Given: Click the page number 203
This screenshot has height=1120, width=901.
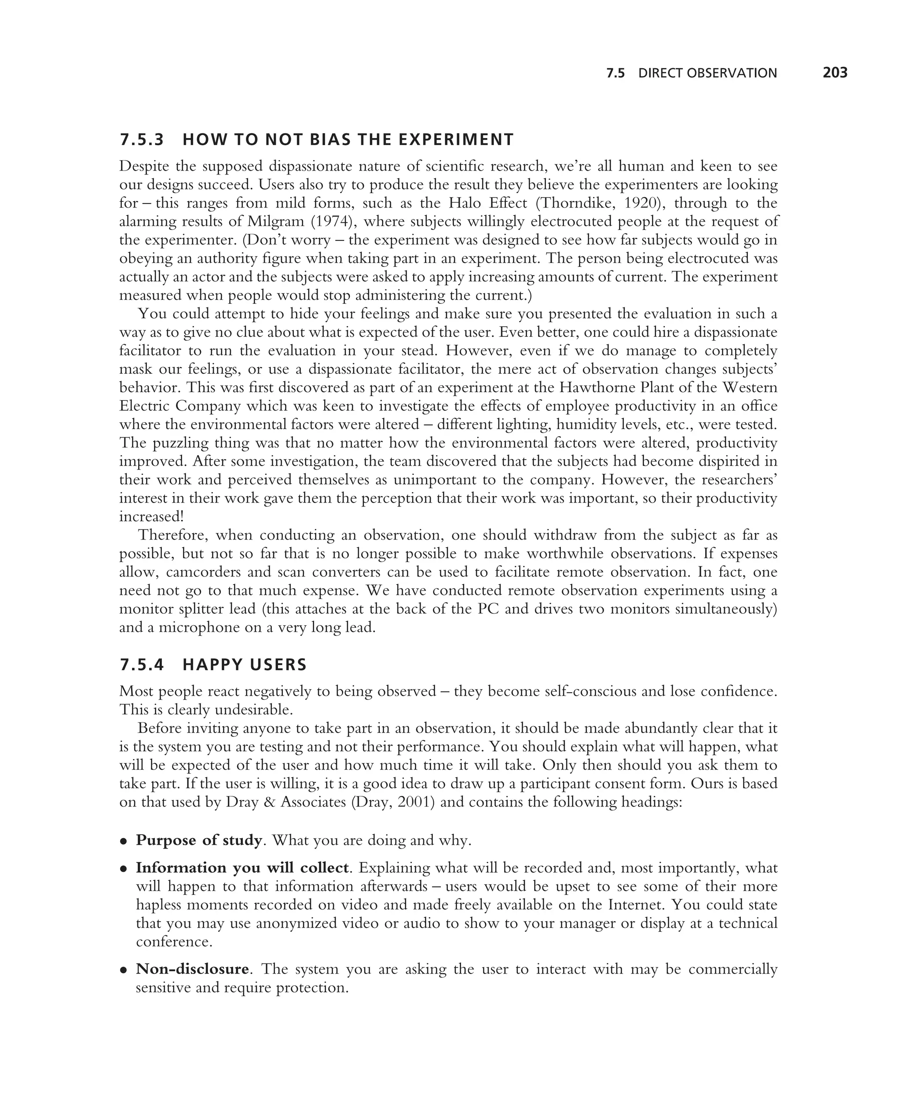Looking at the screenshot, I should [835, 73].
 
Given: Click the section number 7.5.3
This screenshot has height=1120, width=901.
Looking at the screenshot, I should [141, 140].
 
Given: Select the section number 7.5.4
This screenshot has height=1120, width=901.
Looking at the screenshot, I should [141, 664].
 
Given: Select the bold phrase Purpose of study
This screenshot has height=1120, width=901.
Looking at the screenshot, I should [198, 840].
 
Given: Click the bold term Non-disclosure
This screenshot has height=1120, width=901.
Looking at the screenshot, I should [192, 969].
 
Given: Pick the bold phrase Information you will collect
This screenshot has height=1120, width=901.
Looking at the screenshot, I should [242, 868].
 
